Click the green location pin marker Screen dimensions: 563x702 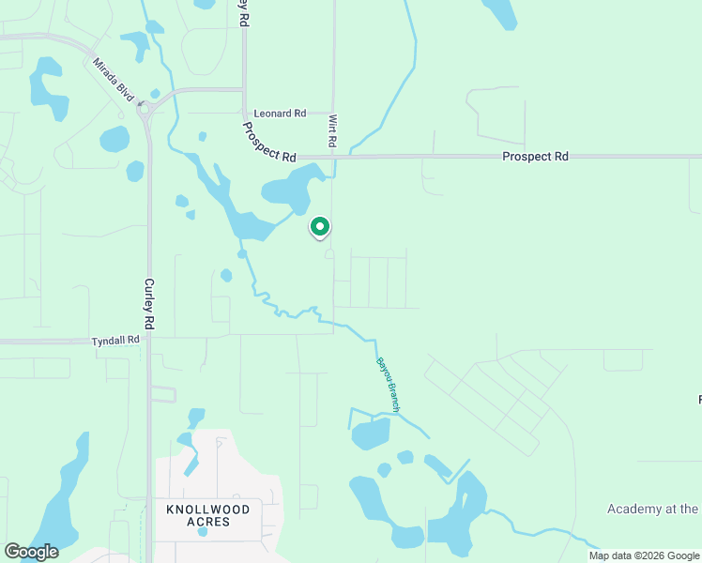tap(320, 227)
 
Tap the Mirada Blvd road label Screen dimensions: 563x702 tap(114, 81)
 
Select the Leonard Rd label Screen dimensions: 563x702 tap(281, 114)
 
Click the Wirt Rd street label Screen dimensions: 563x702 tap(332, 131)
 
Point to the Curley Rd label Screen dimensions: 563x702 tap(149, 303)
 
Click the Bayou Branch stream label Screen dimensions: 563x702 tap(389, 383)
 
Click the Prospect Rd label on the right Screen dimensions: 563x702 tap(535, 157)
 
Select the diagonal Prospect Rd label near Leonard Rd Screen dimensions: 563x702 tap(268, 142)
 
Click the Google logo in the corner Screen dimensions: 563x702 tap(31, 552)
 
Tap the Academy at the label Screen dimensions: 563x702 tap(652, 509)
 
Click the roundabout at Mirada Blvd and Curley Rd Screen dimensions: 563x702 tap(147, 109)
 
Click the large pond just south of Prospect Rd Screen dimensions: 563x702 tap(293, 190)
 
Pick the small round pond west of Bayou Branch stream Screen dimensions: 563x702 tap(226, 275)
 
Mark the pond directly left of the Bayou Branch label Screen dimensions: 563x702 tap(370, 434)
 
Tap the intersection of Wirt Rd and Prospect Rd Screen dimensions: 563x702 tap(333, 157)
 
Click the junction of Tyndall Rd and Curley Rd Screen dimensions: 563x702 tap(148, 341)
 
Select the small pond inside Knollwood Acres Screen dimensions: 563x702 tap(202, 532)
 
